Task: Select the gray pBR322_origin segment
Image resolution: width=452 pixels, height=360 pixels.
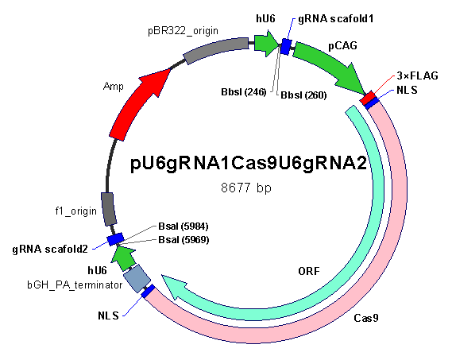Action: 215,50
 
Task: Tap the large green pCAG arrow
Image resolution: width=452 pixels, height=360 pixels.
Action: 329,66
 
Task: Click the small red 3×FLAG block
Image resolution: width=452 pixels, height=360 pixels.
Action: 368,98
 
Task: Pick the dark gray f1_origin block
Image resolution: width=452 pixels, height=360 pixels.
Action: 109,209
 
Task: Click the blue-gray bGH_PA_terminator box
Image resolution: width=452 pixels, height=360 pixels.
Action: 137,279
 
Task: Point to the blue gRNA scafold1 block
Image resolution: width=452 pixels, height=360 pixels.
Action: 286,46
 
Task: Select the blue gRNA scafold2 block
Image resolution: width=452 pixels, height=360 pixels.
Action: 116,239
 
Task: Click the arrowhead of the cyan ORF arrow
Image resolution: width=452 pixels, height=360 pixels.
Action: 175,286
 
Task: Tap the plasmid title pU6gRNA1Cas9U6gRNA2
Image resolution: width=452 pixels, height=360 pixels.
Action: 249,163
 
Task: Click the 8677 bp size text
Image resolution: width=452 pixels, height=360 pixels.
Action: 246,188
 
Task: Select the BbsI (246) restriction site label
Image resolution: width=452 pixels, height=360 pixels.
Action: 244,92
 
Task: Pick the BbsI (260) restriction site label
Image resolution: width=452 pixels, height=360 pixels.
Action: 303,95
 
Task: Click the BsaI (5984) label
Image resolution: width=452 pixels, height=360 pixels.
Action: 184,226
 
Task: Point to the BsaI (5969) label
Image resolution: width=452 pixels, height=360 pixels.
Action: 184,240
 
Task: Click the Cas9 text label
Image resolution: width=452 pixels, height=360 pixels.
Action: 365,318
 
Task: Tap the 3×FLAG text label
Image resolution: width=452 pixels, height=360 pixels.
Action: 417,75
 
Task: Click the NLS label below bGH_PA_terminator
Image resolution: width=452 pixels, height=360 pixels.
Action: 108,315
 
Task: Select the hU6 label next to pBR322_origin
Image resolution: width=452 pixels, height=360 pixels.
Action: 265,19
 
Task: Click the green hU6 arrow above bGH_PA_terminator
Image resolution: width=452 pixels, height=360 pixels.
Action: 123,258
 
